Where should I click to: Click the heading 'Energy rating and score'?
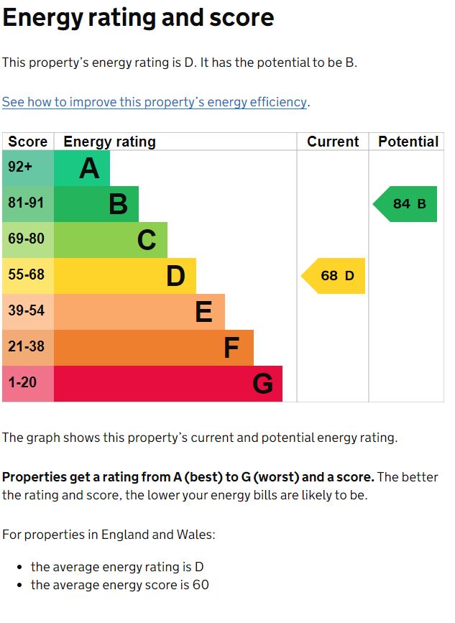(x=138, y=18)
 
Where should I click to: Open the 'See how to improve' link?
(x=155, y=102)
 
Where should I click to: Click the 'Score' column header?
(x=27, y=142)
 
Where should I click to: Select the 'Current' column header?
(x=333, y=142)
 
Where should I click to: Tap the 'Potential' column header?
(x=408, y=142)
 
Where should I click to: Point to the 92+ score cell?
(x=20, y=167)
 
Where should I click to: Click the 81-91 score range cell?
(x=26, y=203)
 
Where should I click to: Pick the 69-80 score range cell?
(x=26, y=239)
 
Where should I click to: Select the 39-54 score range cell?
(x=26, y=311)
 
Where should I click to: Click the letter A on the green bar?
(x=89, y=169)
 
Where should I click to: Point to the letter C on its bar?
(x=147, y=240)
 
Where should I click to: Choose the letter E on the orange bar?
(x=203, y=312)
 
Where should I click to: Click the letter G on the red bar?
(x=262, y=384)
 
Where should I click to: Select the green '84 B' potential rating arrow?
(x=406, y=204)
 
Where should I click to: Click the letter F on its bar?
(x=231, y=349)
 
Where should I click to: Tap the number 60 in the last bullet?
(x=201, y=585)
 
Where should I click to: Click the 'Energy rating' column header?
(x=109, y=142)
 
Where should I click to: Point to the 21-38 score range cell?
(x=26, y=347)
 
